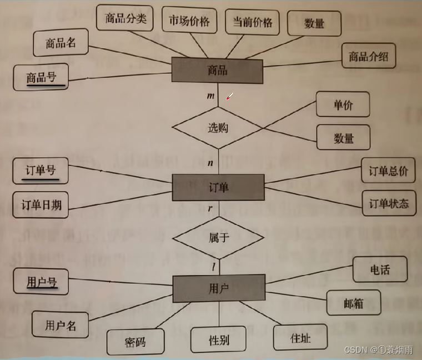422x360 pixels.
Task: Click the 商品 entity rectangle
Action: [217, 71]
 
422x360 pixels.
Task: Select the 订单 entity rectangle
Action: [217, 187]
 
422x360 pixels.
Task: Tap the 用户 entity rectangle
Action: [217, 288]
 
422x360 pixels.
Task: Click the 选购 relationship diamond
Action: [218, 128]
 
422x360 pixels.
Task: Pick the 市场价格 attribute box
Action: [189, 21]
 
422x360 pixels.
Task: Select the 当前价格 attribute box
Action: [252, 23]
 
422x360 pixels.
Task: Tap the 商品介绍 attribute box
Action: [368, 56]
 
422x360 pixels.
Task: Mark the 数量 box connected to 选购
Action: [344, 137]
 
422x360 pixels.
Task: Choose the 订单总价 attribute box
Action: [388, 171]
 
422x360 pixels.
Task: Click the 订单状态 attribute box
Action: [388, 204]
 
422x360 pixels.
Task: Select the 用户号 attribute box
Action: [42, 282]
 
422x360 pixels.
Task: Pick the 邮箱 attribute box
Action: [353, 303]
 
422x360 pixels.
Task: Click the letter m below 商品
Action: [210, 96]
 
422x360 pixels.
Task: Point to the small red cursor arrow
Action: [228, 97]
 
